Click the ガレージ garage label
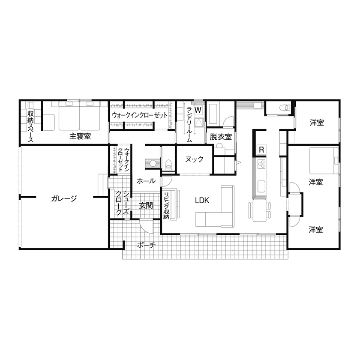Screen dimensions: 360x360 [63, 198]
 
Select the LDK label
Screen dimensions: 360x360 [202, 200]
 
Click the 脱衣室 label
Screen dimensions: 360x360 [221, 137]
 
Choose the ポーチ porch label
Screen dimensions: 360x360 [146, 245]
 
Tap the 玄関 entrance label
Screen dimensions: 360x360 [146, 206]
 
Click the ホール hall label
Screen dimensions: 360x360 [146, 181]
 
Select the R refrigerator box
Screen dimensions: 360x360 [261, 150]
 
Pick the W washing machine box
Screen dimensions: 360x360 [198, 110]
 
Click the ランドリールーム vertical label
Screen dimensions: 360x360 [189, 125]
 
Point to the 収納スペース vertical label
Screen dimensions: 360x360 [31, 126]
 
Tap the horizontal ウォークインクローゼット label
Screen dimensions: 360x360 [140, 115]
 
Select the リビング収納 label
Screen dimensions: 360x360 [167, 206]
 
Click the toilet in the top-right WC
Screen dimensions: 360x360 [283, 108]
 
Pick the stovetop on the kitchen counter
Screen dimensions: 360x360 [261, 164]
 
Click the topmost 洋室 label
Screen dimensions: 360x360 [317, 123]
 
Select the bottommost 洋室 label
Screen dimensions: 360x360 [316, 230]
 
